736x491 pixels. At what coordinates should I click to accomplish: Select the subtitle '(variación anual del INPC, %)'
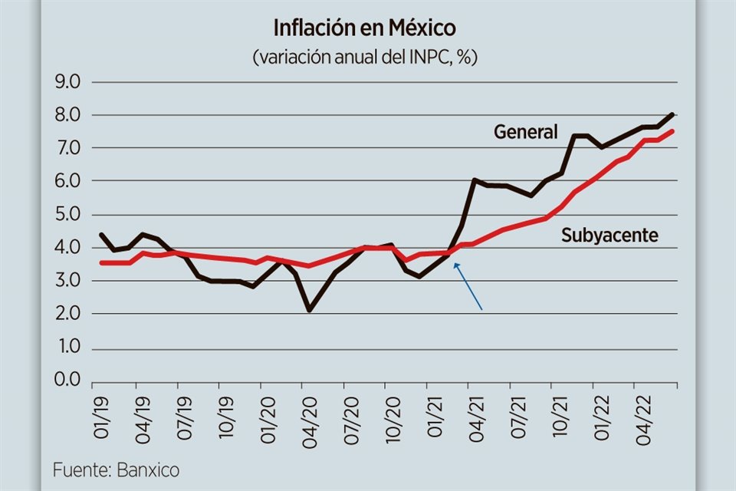[365, 57]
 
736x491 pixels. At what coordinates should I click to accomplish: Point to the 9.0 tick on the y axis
[69, 81]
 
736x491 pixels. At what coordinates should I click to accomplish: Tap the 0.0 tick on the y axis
[69, 381]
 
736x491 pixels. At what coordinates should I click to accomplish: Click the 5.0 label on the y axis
[69, 215]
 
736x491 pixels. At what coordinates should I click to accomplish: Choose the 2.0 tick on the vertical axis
[69, 314]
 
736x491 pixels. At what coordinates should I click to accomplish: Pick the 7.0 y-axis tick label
[69, 148]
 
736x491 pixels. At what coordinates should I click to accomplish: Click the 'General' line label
[525, 132]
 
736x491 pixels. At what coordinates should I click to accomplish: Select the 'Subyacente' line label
[609, 236]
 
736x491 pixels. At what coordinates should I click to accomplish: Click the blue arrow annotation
[468, 286]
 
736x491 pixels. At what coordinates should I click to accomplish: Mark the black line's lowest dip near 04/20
[309, 310]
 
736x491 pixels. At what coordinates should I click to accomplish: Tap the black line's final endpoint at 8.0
[672, 114]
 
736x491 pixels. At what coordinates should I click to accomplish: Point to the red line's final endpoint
[672, 131]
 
